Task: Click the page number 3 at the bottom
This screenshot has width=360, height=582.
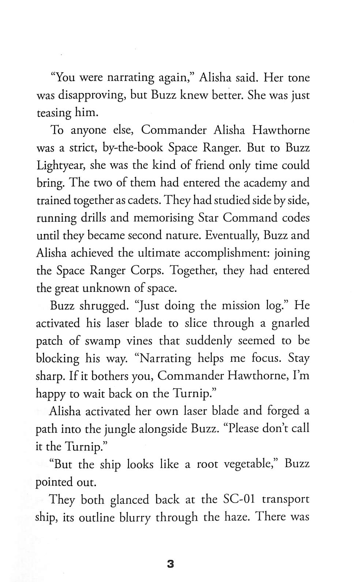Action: coord(170,564)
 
